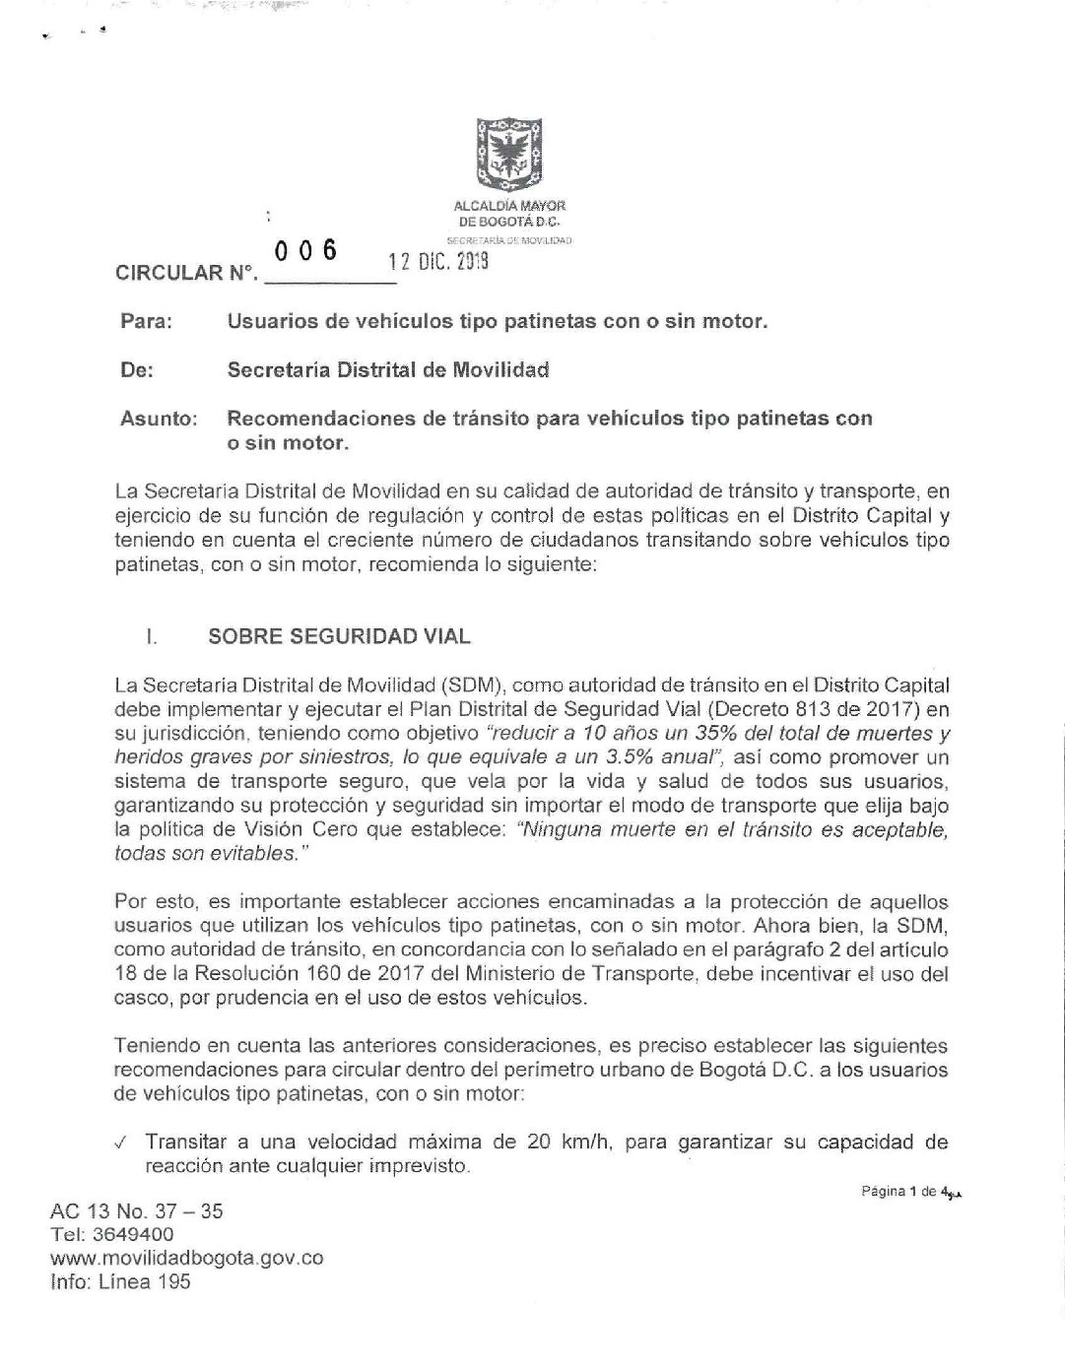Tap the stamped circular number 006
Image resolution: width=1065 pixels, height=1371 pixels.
tap(305, 252)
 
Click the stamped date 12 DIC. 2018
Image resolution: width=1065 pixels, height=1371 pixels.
tap(438, 262)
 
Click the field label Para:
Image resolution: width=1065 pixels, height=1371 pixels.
tap(146, 322)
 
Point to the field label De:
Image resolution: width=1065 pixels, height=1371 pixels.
tap(137, 370)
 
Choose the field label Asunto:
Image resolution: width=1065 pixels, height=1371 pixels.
tap(159, 419)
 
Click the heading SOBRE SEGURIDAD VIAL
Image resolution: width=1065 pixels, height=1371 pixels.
tap(339, 636)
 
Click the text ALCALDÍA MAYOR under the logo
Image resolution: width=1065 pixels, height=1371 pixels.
tap(509, 206)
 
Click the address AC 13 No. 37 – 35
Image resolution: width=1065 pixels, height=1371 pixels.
tap(136, 1211)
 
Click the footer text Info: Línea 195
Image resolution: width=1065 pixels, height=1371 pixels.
tap(119, 1282)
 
